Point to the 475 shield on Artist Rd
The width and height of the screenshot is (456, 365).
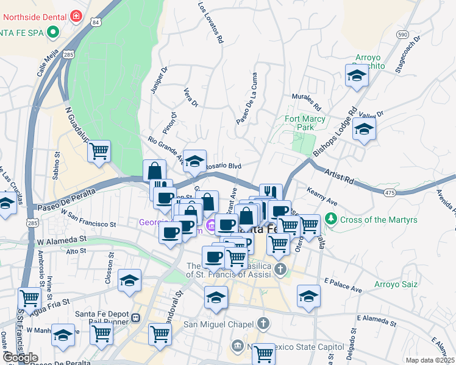pos(389,193)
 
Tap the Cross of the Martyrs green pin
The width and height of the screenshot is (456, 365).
pos(330,218)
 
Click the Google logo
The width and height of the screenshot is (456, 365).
pos(20,358)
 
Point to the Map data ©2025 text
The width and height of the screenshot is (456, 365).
pos(430,360)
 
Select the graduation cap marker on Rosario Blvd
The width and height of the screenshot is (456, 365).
pos(194,161)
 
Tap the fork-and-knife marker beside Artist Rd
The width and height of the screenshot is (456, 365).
pos(271,193)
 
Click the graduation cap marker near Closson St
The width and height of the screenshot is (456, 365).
pos(129,280)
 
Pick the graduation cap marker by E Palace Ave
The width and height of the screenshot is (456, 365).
pos(308,296)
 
